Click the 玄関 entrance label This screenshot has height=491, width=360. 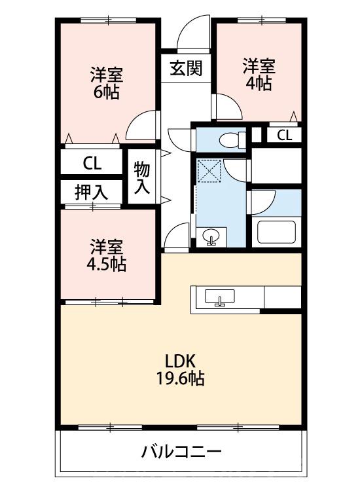[x=186, y=67]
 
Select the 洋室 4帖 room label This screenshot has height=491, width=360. [x=259, y=74]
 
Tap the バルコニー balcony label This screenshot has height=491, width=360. [x=181, y=451]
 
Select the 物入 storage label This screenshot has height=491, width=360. [x=142, y=178]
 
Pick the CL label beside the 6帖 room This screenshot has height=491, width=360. [x=92, y=163]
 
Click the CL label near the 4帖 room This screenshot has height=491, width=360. [x=284, y=136]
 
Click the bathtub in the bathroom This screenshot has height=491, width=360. [x=276, y=232]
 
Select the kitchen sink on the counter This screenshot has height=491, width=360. [x=220, y=298]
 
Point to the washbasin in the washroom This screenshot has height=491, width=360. [x=211, y=237]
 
